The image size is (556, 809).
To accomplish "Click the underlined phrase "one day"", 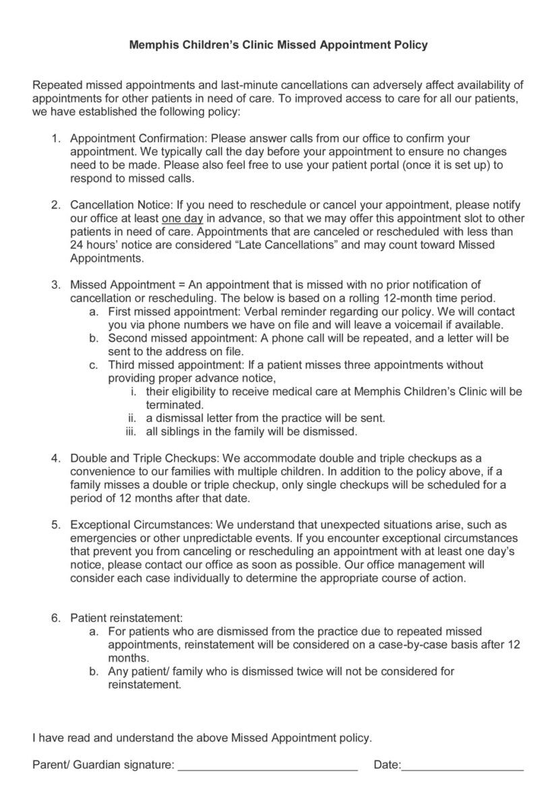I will (x=183, y=218).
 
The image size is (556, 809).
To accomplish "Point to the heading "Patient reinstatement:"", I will (x=127, y=618).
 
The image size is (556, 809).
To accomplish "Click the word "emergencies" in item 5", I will (x=102, y=538).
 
